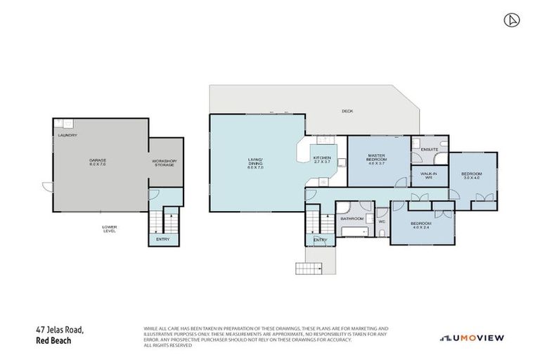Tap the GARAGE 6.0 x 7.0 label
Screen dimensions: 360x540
[x=98, y=162]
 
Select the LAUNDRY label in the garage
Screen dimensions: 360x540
[x=67, y=135]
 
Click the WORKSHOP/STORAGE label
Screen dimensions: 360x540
[x=165, y=163]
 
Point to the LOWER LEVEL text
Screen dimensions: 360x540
[x=108, y=229]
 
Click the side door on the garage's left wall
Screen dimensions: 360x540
[x=46, y=188]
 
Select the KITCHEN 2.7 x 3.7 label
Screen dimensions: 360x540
[x=321, y=160]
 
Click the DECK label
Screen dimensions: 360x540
[x=347, y=111]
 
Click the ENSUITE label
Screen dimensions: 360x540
[x=429, y=150]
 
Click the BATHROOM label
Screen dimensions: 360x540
[x=351, y=219]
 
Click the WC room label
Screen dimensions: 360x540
[x=382, y=222]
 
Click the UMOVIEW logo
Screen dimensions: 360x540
[x=472, y=338]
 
